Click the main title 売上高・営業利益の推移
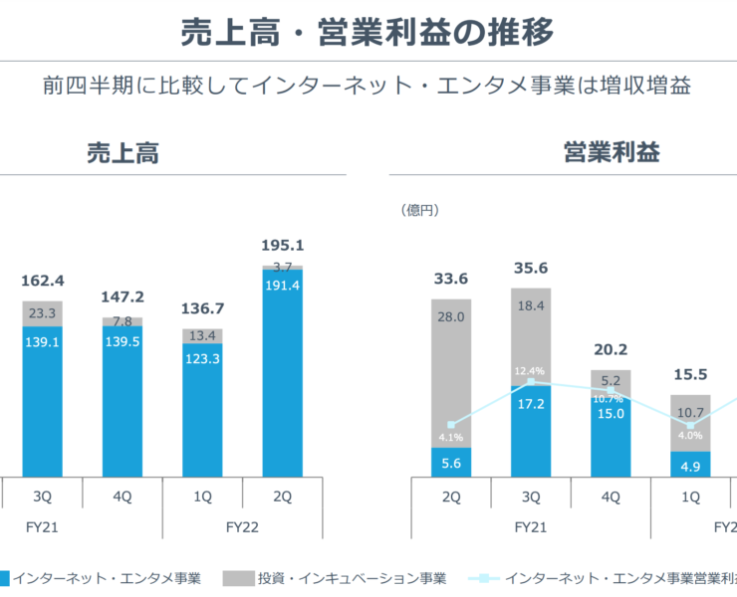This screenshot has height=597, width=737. coord(368,33)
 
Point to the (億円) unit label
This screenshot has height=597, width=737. coord(420,210)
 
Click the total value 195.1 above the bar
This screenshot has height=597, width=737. coord(282,245)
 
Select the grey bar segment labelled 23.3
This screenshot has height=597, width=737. coord(43,312)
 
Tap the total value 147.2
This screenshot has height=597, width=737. coord(123,297)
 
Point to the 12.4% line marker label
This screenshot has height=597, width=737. coord(530,371)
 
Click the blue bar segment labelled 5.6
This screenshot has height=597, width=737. coord(451,463)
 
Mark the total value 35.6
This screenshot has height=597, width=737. coord(531,268)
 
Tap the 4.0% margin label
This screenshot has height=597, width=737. coord(690,435)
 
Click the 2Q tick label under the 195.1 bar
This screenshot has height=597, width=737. coord(282,495)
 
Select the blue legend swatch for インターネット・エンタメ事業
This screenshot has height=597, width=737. coord(5,578)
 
